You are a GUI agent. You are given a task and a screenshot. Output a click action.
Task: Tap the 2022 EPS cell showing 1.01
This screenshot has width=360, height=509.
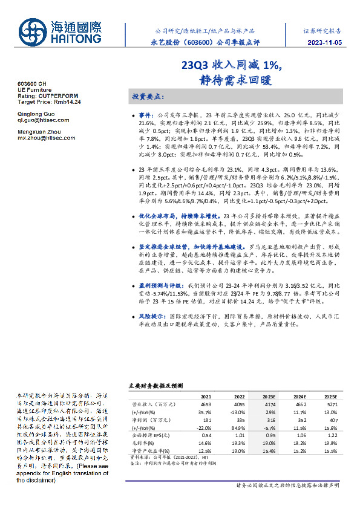[238, 434]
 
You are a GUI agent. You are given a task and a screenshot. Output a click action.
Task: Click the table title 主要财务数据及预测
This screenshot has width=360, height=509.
[155, 384]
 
